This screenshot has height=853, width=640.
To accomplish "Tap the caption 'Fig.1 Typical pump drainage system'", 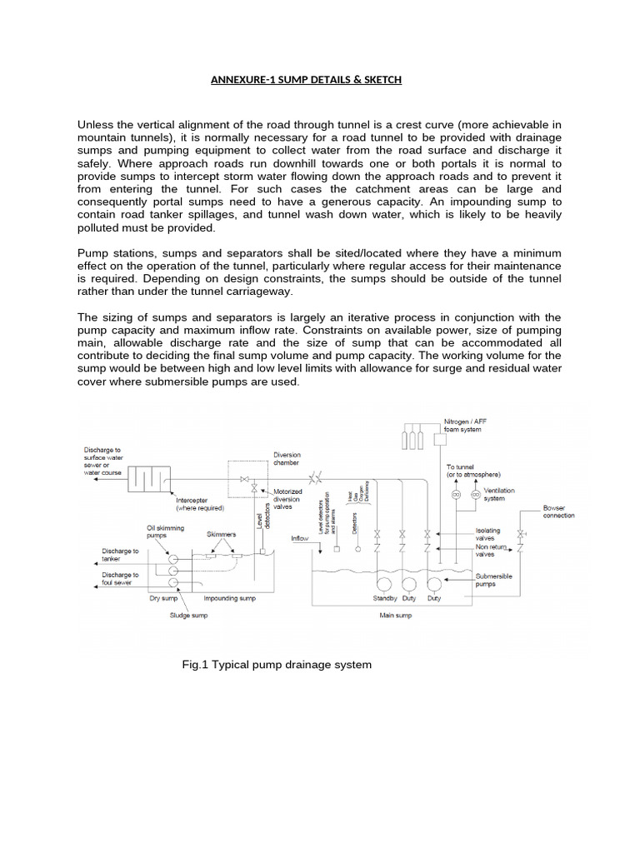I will click(x=276, y=665).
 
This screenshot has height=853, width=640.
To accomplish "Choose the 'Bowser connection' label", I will click(x=558, y=511).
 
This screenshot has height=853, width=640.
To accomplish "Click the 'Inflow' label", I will click(x=301, y=538).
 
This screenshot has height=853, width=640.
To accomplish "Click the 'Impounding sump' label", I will click(x=230, y=598).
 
